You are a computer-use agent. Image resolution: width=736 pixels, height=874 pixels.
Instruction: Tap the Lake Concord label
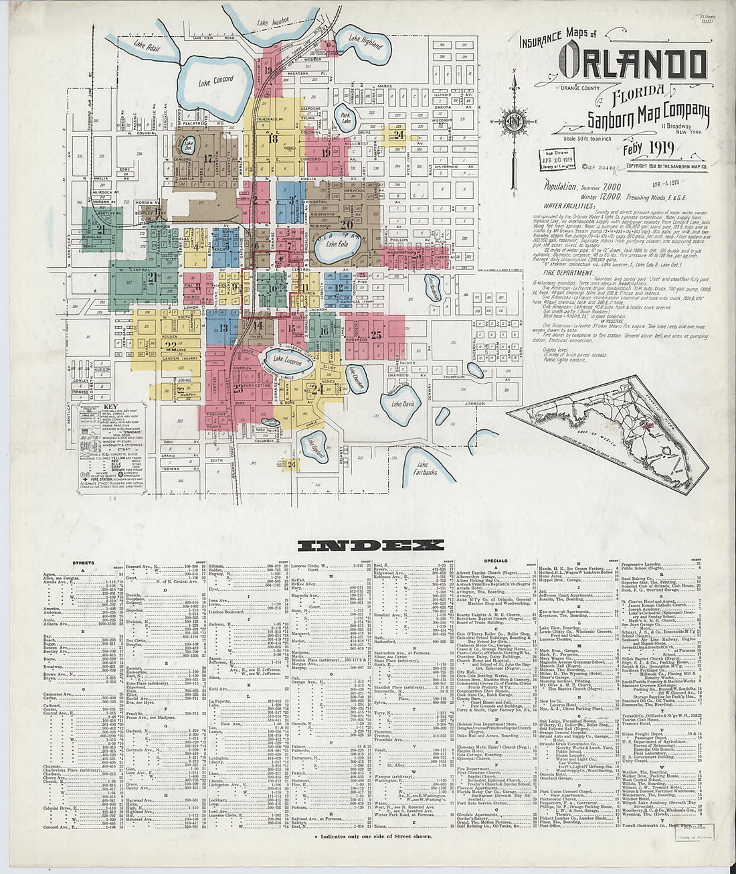[216, 80]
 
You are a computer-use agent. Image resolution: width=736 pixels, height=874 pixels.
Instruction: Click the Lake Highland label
[365, 41]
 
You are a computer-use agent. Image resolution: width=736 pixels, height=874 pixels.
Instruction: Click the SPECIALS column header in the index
[496, 561]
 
